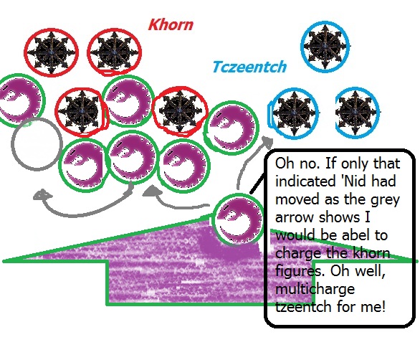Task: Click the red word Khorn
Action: click(x=171, y=24)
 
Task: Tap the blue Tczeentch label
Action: click(x=249, y=67)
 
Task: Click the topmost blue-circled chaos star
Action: click(x=325, y=46)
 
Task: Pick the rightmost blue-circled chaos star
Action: click(x=358, y=112)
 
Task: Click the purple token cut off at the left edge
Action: click(x=22, y=100)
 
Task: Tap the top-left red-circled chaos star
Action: click(x=51, y=52)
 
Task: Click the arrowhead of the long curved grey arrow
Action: click(x=42, y=195)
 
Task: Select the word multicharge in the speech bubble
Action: click(x=315, y=289)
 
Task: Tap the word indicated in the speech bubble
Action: click(x=305, y=181)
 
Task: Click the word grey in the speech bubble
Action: click(x=385, y=199)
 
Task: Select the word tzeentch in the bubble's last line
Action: click(x=304, y=307)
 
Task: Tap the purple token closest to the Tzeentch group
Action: click(x=232, y=128)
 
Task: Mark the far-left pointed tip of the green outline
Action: click(x=3, y=261)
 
